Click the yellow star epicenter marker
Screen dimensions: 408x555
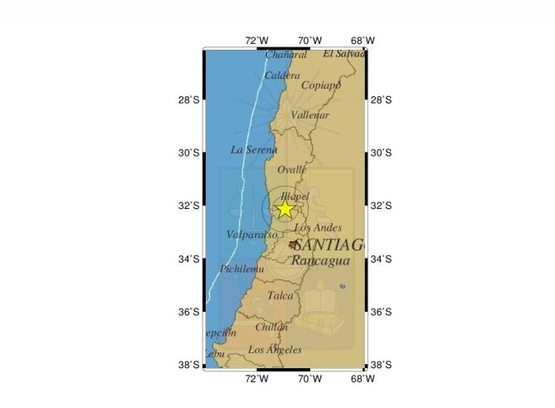click(x=285, y=208)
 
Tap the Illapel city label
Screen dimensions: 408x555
click(x=295, y=197)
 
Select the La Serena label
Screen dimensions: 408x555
click(x=254, y=150)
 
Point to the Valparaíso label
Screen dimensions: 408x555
click(x=251, y=235)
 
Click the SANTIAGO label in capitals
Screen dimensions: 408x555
click(x=329, y=245)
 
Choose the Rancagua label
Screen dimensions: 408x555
click(x=319, y=260)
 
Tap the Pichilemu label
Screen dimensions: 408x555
click(x=242, y=269)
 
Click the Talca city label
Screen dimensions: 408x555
click(x=280, y=295)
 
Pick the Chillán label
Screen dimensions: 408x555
click(x=271, y=328)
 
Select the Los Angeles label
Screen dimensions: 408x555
click(x=275, y=350)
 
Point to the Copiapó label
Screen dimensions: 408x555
click(x=321, y=85)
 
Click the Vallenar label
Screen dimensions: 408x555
click(x=311, y=115)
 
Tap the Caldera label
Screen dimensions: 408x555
click(x=282, y=75)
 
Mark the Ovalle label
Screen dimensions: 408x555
click(x=292, y=169)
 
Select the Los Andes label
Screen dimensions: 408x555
click(x=318, y=227)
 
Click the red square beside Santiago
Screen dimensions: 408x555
click(x=292, y=245)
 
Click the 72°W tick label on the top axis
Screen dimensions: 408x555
click(x=256, y=41)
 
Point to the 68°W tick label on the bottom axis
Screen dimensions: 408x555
click(x=363, y=379)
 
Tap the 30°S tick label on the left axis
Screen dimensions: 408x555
click(x=190, y=153)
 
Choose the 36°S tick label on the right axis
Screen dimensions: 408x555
click(x=381, y=313)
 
